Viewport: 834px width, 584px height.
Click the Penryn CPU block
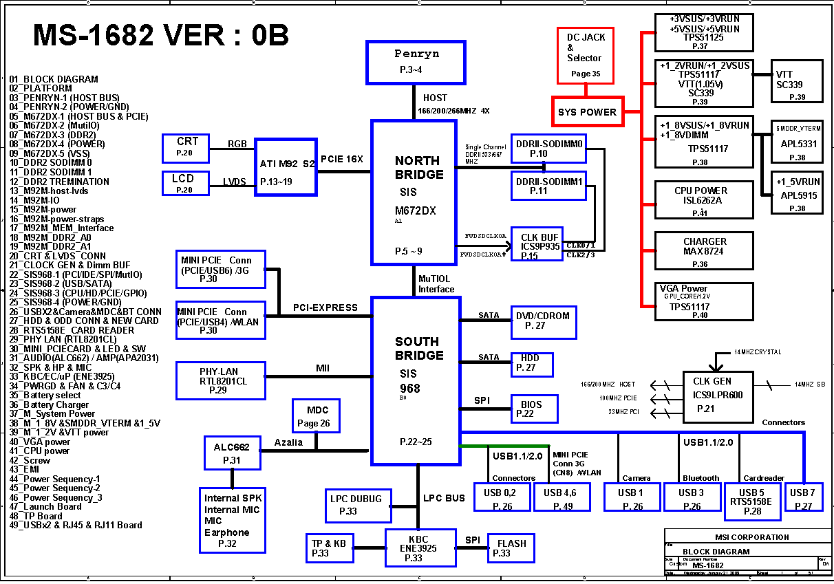[416, 62]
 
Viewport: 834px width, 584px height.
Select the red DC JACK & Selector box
[585, 55]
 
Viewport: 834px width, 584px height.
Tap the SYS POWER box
[588, 111]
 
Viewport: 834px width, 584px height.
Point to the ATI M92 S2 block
[285, 167]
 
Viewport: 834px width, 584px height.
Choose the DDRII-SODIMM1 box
[548, 186]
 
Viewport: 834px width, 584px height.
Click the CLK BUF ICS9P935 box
[537, 244]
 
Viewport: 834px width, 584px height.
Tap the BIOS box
[534, 409]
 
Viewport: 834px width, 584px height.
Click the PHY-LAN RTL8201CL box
[220, 380]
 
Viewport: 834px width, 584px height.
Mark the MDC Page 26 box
[315, 417]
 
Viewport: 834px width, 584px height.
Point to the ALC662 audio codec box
[231, 453]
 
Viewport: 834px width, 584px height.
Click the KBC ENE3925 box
[420, 548]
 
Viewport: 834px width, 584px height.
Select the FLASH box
[511, 548]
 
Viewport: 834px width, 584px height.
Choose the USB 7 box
[804, 497]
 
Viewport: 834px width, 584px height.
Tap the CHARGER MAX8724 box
[704, 251]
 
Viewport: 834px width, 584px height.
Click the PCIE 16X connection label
[342, 159]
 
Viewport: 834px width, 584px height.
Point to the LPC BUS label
[444, 498]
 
